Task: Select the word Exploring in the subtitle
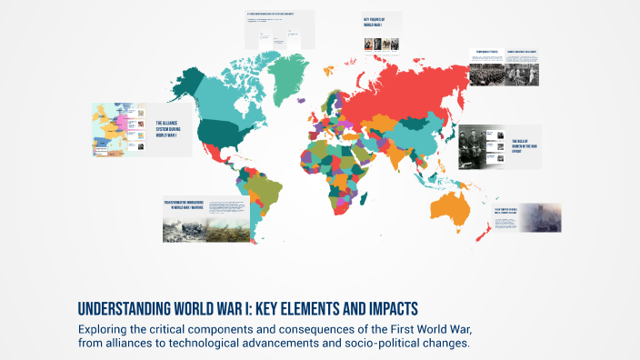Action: click(x=108, y=327)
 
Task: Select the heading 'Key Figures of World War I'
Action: click(x=375, y=24)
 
